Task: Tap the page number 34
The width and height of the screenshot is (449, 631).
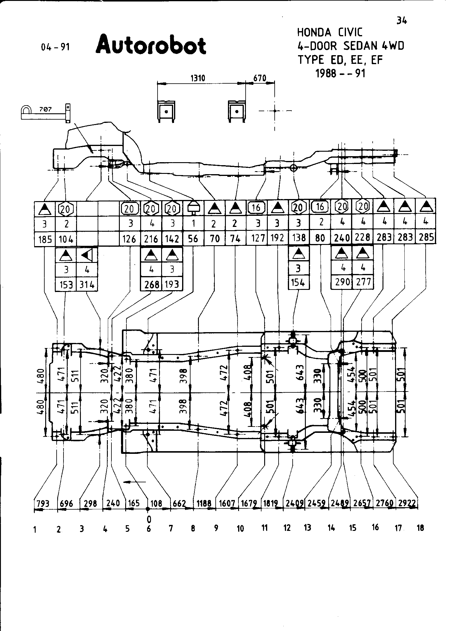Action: point(402,21)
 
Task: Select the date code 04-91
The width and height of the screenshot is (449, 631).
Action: point(55,47)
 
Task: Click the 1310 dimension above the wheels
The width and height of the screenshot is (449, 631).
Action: point(198,79)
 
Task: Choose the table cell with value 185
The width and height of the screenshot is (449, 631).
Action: point(45,239)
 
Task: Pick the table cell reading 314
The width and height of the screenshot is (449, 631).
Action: point(87,284)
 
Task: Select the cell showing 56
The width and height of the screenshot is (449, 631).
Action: point(193,239)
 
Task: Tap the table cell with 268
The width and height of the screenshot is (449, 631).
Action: point(151,284)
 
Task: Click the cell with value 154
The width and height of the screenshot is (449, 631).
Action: point(298,282)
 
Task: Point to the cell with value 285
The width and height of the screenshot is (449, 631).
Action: point(426,237)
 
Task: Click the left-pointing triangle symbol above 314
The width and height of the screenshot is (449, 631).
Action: point(87,255)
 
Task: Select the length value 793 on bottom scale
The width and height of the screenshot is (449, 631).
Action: point(43,503)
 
